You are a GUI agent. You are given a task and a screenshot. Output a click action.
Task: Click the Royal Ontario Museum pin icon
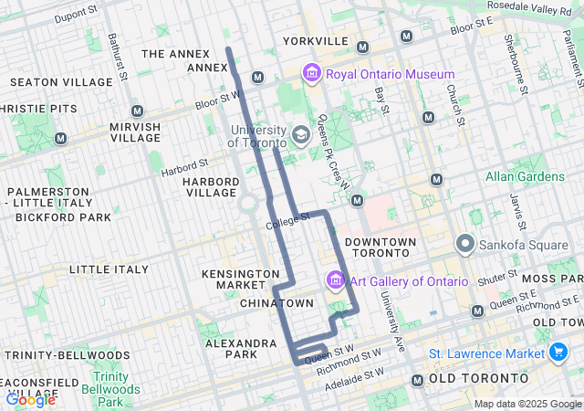pos(312,73)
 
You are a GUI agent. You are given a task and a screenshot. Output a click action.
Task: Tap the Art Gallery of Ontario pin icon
pos(335,279)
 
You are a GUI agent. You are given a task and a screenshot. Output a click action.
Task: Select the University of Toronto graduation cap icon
pos(300,135)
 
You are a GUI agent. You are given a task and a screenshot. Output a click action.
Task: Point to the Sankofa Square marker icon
pos(465,244)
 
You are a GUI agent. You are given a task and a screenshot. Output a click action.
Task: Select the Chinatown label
pos(276,302)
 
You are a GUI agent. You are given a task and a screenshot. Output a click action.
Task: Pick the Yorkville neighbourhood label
pos(316,41)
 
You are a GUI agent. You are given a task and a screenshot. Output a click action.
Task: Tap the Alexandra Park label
pos(241,349)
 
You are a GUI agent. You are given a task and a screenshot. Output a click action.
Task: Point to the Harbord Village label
pos(211,186)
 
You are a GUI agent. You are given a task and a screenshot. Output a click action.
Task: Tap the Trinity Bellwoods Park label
pos(110,388)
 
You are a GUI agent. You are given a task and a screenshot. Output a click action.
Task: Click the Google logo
pos(30,399)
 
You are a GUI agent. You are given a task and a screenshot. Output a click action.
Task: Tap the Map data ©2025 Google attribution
pos(527,404)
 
